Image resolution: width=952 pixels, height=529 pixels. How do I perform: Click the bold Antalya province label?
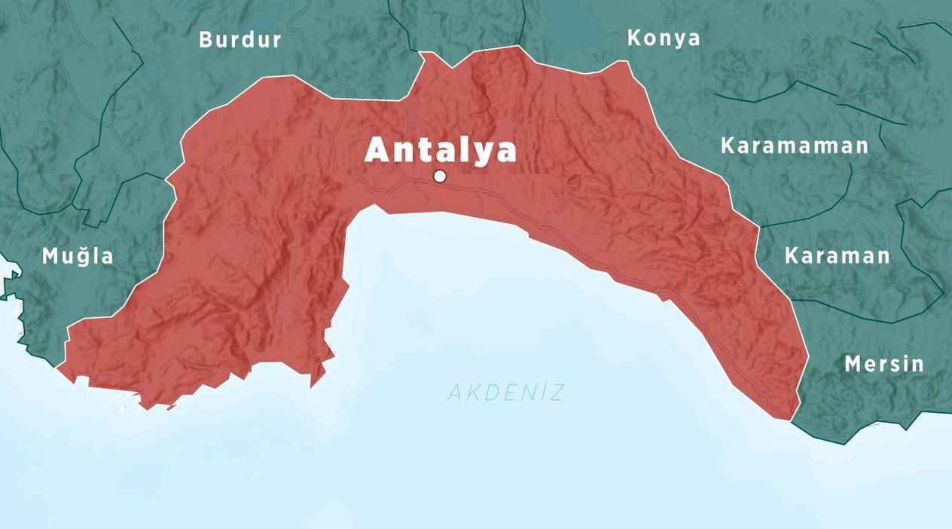tap(441, 150)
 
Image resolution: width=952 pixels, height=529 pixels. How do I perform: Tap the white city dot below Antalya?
tap(440, 176)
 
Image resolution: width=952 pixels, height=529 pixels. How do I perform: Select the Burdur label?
tap(240, 40)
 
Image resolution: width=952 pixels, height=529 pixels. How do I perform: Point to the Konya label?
tap(664, 38)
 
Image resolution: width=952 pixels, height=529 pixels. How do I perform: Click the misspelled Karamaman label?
tap(795, 145)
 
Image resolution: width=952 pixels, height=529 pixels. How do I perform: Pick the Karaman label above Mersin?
tap(837, 256)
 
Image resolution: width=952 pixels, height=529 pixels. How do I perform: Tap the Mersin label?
tap(883, 365)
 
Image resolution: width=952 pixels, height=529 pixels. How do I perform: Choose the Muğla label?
tap(78, 256)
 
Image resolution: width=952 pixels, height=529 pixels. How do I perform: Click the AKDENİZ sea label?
tap(505, 393)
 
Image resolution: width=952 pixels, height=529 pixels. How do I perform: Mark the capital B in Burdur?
tap(206, 40)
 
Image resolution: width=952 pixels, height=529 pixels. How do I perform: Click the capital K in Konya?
tap(635, 38)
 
